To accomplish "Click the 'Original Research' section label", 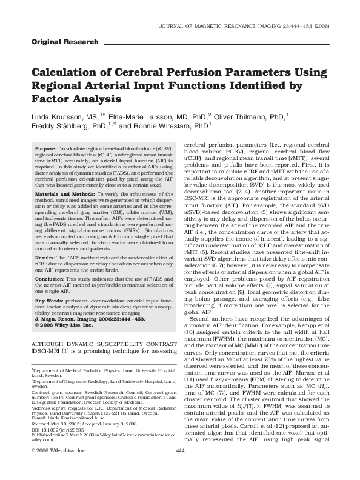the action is tap(64, 42).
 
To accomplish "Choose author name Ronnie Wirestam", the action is tap(181, 126).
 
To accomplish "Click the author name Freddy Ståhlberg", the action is tap(65, 126).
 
